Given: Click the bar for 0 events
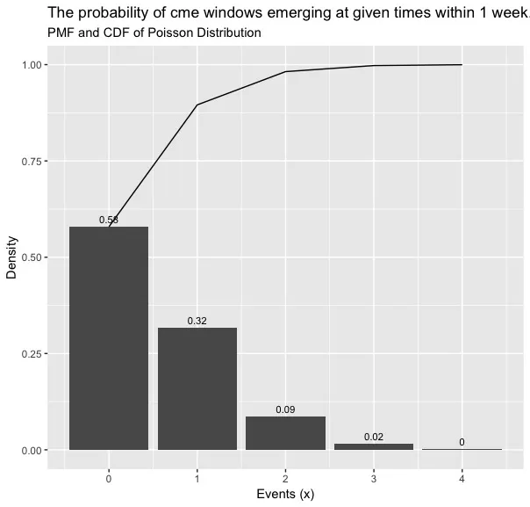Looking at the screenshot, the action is pyautogui.click(x=109, y=338).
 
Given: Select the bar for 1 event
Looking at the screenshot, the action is pyautogui.click(x=197, y=388).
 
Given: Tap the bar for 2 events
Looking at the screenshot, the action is pyautogui.click(x=285, y=433).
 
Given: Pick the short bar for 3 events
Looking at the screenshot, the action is pyautogui.click(x=374, y=446).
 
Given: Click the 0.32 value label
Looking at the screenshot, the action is pyautogui.click(x=197, y=321).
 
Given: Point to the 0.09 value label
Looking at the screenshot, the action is pyautogui.click(x=285, y=409).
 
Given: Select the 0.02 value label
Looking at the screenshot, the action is pyautogui.click(x=374, y=437).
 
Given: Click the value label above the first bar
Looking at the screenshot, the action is pyautogui.click(x=109, y=220).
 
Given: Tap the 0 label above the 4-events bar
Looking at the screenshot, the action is pyautogui.click(x=462, y=442).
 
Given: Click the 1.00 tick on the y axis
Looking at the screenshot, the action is pyautogui.click(x=32, y=65).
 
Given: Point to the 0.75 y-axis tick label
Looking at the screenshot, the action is pyautogui.click(x=32, y=161).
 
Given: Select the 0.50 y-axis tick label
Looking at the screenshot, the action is pyautogui.click(x=32, y=257).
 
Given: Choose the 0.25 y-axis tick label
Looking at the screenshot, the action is pyautogui.click(x=32, y=354).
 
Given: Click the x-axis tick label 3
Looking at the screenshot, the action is pyautogui.click(x=374, y=479).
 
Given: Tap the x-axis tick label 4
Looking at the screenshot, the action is pyautogui.click(x=462, y=479).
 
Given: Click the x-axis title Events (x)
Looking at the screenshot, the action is pyautogui.click(x=285, y=495).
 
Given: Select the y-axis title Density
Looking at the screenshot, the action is pyautogui.click(x=11, y=257).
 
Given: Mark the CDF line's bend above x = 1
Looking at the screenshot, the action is pyautogui.click(x=197, y=105).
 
